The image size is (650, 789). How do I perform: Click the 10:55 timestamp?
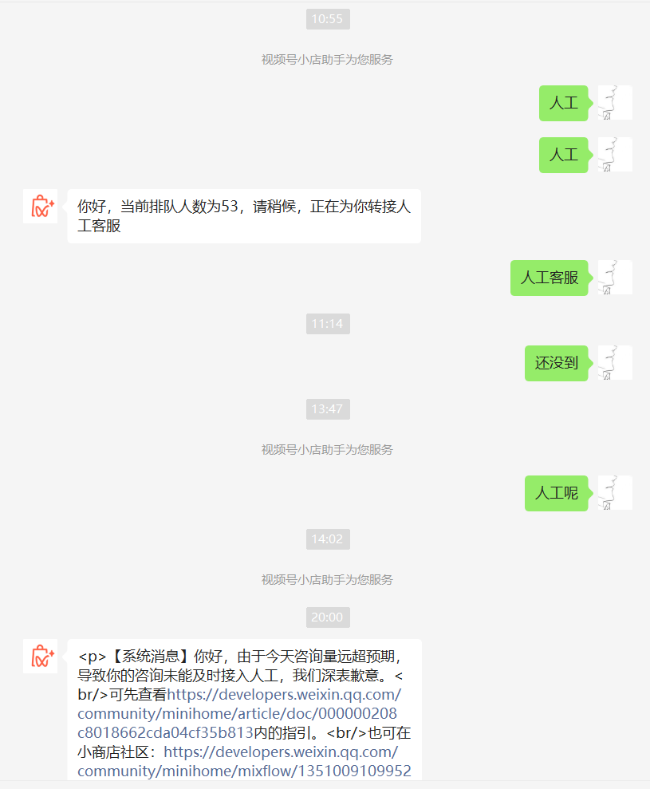click(328, 19)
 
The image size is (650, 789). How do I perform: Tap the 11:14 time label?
click(328, 324)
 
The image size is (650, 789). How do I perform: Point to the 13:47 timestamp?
click(328, 409)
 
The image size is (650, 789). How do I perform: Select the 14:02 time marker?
click(328, 539)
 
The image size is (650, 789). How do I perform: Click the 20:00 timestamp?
click(328, 617)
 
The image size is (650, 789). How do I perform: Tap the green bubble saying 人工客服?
click(550, 278)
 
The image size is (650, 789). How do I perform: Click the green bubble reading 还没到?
click(557, 363)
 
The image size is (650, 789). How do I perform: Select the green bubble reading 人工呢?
click(557, 493)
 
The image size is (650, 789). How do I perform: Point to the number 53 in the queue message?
click(230, 207)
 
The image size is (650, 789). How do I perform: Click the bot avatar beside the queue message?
click(40, 207)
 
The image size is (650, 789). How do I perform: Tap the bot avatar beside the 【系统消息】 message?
click(40, 657)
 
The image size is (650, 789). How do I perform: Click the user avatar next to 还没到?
click(615, 363)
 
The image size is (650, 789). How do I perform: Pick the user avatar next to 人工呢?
click(615, 493)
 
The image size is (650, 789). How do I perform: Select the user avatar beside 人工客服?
click(615, 278)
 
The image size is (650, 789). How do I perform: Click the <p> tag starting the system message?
click(93, 657)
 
